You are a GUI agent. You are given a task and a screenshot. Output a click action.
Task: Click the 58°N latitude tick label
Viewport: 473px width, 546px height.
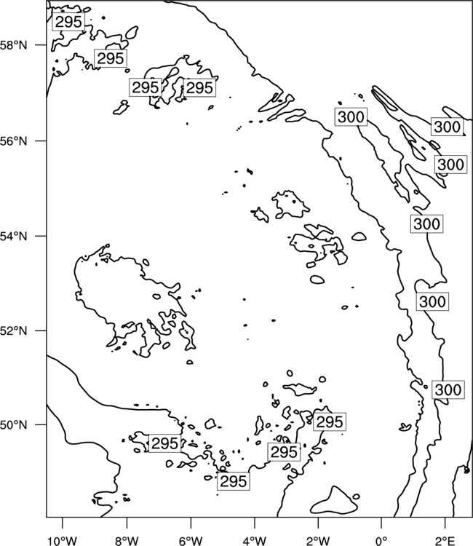coord(14,46)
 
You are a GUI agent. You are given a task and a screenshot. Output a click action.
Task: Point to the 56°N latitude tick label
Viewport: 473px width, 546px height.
coord(14,141)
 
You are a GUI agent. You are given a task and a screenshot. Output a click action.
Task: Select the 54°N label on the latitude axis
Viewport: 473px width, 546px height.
coord(14,237)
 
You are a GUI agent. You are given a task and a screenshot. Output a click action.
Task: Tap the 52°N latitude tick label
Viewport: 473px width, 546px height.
coord(14,331)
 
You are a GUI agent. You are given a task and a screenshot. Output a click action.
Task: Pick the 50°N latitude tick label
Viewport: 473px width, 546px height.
coord(14,425)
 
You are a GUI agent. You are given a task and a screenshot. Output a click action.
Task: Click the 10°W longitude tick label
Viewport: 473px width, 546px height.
coord(63,541)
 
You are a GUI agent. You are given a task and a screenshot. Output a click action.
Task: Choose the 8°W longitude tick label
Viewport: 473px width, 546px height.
coord(127,541)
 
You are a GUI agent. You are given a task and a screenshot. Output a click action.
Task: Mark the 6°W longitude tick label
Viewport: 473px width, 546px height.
coord(191,541)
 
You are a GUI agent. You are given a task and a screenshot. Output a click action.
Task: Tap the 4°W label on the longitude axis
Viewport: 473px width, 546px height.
coord(255,541)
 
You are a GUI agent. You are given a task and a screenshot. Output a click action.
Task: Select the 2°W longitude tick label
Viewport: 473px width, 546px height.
coord(318,541)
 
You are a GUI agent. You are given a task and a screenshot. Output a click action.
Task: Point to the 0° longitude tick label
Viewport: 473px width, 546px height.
coord(381,541)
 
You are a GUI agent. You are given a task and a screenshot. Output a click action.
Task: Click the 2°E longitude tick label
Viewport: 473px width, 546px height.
coord(445,541)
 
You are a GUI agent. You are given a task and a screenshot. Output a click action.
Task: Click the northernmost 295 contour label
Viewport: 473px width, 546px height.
coord(68,22)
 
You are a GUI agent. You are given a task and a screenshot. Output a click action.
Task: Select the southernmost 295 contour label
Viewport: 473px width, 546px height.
coord(234,481)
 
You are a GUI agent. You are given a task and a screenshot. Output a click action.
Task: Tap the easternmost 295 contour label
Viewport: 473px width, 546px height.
coord(330,422)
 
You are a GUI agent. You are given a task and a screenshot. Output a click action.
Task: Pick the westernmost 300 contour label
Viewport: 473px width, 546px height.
coord(351,116)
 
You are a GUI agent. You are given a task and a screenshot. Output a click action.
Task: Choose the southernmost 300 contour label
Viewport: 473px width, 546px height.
coord(448,389)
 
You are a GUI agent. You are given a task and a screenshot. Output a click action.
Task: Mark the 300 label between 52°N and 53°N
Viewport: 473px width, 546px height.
coord(432,301)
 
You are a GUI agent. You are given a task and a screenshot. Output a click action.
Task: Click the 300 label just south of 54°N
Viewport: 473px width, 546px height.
coord(426,223)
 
